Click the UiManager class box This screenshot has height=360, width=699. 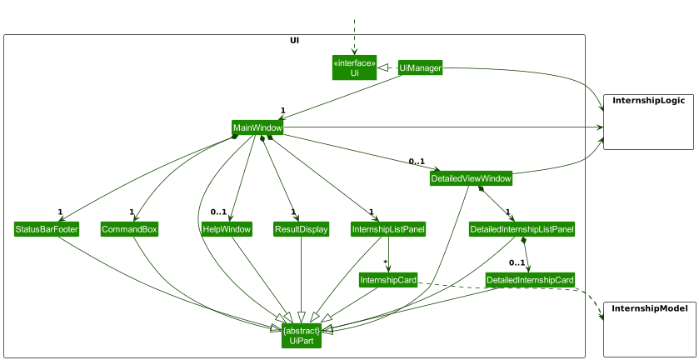point(420,67)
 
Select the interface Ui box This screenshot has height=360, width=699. point(354,67)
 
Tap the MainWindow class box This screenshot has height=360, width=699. point(257,127)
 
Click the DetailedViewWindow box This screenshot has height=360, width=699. point(471,178)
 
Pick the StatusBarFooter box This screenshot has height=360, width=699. point(47,229)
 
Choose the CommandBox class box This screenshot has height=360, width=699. point(129,229)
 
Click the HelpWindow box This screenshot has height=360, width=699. point(227,229)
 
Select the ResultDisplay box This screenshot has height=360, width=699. point(301,229)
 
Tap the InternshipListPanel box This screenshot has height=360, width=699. point(388,229)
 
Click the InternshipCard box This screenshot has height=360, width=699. point(388,280)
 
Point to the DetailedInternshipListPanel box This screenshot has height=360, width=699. point(522,229)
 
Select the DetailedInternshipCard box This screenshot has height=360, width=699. point(530,280)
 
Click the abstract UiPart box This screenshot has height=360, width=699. point(302,336)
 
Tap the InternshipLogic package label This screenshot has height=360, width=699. point(648,101)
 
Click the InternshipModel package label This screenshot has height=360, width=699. point(649,309)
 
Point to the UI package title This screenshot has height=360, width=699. point(295,40)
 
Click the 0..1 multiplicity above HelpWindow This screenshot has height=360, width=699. point(219,212)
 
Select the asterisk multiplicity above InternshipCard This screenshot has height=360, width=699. point(385,263)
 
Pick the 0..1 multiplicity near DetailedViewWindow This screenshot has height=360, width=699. point(417,162)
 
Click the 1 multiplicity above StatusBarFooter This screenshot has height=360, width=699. point(61,212)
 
